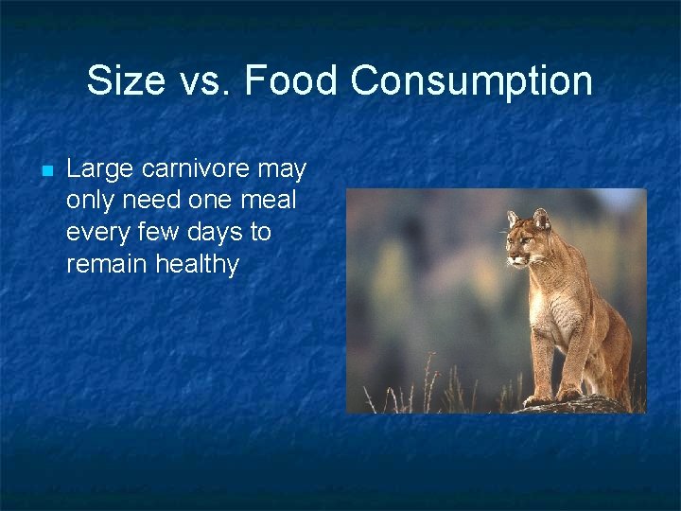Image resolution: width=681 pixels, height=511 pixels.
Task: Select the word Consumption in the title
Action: (472, 81)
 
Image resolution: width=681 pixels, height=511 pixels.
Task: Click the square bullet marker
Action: (44, 171)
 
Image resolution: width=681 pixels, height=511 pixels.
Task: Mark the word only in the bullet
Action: (88, 201)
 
